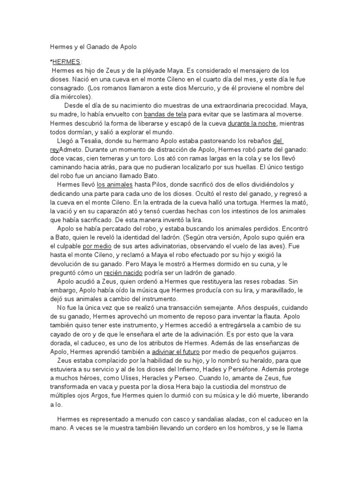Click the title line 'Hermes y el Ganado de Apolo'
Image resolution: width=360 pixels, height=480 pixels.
pyautogui.click(x=94, y=47)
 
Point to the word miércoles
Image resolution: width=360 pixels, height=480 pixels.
pyautogui.click(x=74, y=97)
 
